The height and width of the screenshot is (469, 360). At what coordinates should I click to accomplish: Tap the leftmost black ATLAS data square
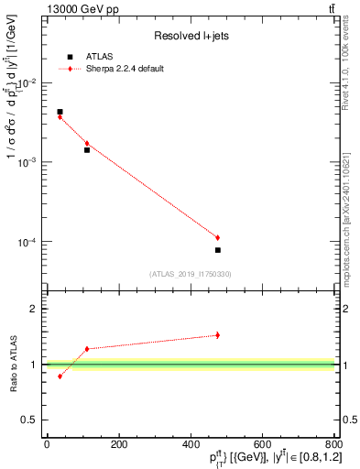pos(60,112)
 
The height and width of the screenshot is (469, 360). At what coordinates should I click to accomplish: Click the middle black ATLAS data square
pos(87,149)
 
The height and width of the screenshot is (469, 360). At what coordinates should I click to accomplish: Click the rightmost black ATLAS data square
pos(218,250)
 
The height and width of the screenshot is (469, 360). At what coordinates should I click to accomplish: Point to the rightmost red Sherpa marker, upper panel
pos(218,238)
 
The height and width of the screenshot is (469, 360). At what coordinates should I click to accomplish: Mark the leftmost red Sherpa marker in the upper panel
pos(60,117)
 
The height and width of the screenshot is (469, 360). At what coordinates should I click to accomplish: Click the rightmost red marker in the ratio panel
pos(218,335)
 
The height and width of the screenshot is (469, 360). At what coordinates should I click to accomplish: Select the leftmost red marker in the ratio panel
pos(60,376)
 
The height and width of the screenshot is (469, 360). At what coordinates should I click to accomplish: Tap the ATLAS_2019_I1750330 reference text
pos(191,274)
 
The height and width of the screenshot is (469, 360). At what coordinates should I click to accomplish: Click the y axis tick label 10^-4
pos(27,243)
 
